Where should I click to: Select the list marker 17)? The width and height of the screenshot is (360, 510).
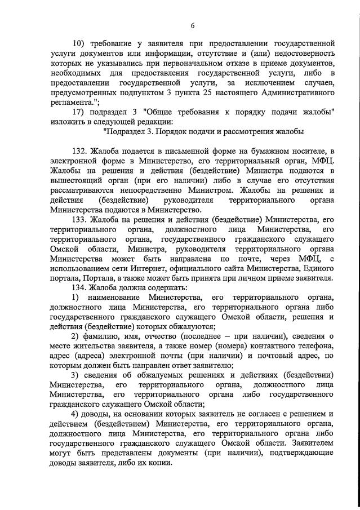pyautogui.click(x=80, y=113)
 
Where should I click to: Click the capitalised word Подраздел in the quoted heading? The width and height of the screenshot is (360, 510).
pyautogui.click(x=131, y=132)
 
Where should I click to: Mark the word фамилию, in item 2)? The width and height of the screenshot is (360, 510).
pyautogui.click(x=108, y=336)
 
